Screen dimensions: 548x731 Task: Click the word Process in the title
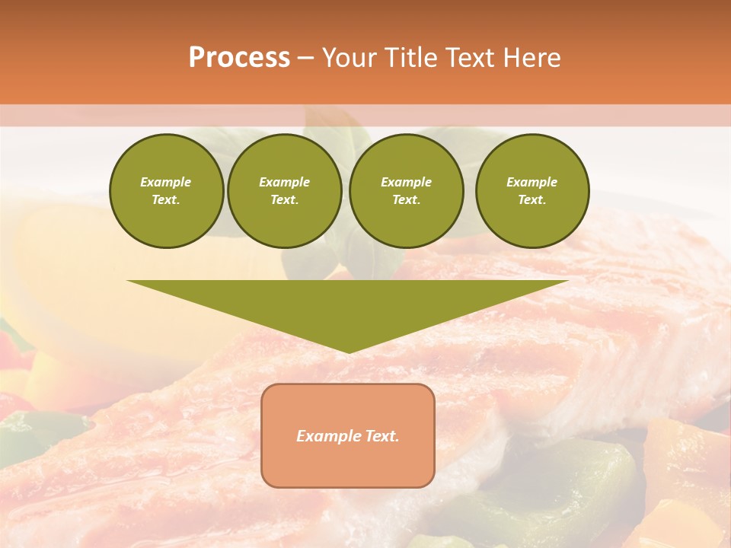point(239,57)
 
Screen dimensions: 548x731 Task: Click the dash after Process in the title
point(306,59)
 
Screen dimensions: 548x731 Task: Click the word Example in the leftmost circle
point(166,182)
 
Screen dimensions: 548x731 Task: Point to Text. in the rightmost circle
point(532,200)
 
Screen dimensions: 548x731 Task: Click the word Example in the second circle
point(285,182)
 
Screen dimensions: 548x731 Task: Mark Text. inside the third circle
point(407,200)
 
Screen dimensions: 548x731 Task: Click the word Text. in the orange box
point(381,436)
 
